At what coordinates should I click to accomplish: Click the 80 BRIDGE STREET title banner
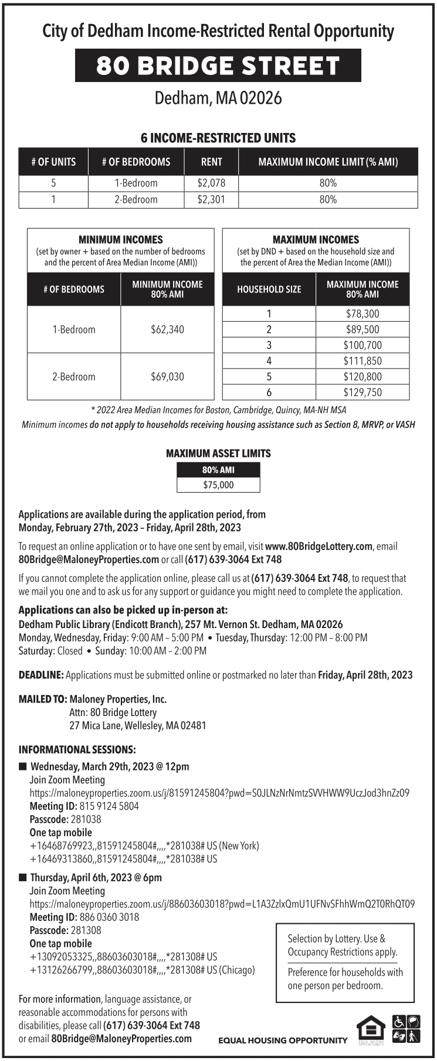[x=218, y=66]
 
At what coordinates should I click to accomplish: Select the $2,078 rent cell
[x=211, y=183]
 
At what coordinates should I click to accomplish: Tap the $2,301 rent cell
[x=211, y=199]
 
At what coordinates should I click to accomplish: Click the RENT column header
[x=211, y=162]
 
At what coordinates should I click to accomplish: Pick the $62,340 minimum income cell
[x=167, y=329]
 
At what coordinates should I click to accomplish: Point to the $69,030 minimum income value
[x=167, y=376]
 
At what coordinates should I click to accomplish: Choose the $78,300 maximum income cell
[x=362, y=313]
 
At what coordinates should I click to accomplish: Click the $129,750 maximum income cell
[x=362, y=392]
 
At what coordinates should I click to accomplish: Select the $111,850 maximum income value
[x=362, y=361]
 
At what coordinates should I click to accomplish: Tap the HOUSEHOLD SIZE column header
[x=269, y=289]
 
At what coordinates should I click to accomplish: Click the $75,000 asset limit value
[x=218, y=485]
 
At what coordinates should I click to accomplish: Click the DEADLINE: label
[x=41, y=675]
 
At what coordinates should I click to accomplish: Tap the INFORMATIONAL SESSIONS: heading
[x=77, y=750]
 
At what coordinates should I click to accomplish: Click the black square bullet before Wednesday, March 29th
[x=23, y=766]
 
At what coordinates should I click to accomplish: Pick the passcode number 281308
[x=86, y=930]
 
